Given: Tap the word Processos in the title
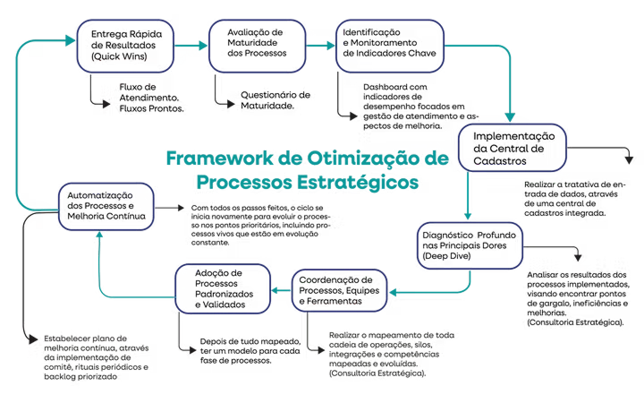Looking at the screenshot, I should [x=237, y=182].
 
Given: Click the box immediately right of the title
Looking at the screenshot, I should [x=511, y=148].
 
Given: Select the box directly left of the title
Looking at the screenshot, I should [x=103, y=205].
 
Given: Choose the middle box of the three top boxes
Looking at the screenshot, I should [x=257, y=45].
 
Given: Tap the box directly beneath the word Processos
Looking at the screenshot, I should [x=225, y=287].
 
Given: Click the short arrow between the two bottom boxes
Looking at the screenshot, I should [x=282, y=287].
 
